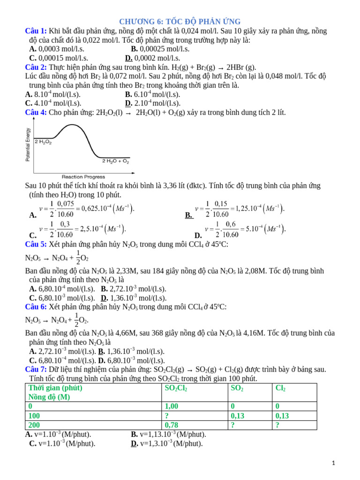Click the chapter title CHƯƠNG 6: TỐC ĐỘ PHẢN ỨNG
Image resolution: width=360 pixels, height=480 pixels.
pyautogui.click(x=180, y=22)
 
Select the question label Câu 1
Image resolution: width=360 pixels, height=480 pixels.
pyautogui.click(x=36, y=31)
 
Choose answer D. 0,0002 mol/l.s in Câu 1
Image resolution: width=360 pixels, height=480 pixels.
pyautogui.click(x=152, y=58)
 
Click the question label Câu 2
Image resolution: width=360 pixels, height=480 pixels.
pyautogui.click(x=36, y=67)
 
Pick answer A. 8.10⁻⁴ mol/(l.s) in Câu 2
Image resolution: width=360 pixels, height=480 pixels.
pyautogui.click(x=53, y=94)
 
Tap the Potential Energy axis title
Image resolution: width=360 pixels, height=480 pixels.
pyautogui.click(x=28, y=145)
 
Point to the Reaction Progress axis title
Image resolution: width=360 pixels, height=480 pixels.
pyautogui.click(x=83, y=177)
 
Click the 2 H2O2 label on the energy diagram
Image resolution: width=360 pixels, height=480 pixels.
pyautogui.click(x=43, y=142)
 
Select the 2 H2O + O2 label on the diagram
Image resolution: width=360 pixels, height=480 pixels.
pyautogui.click(x=115, y=161)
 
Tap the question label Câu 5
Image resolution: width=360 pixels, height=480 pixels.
pyautogui.click(x=36, y=244)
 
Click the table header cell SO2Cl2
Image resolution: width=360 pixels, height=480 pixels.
pyautogui.click(x=176, y=388)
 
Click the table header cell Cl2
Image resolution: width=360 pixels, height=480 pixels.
pyautogui.click(x=281, y=388)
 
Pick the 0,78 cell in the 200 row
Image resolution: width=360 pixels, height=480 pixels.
pyautogui.click(x=172, y=425)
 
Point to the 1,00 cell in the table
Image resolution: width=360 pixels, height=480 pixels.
pyautogui.click(x=172, y=406)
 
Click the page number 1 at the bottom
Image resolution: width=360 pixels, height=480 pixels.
pyautogui.click(x=333, y=463)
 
